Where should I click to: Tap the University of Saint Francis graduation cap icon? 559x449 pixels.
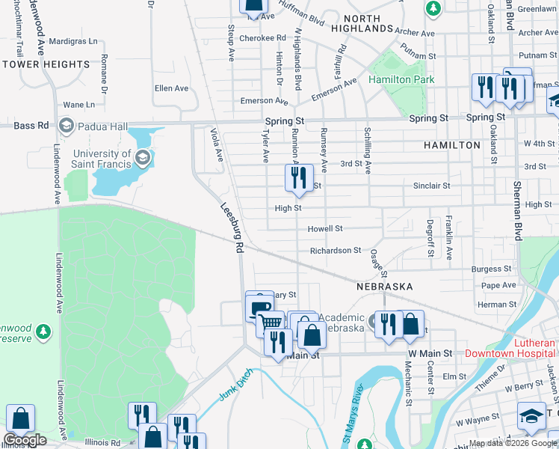143,159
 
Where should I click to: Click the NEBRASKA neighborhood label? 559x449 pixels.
383,287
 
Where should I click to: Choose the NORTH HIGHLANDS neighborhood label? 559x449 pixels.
366,23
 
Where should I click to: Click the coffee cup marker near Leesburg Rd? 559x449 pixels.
259,307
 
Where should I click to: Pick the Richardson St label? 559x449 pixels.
336,250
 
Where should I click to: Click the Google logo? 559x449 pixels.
25,439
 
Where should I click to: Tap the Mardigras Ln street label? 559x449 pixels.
72,41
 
